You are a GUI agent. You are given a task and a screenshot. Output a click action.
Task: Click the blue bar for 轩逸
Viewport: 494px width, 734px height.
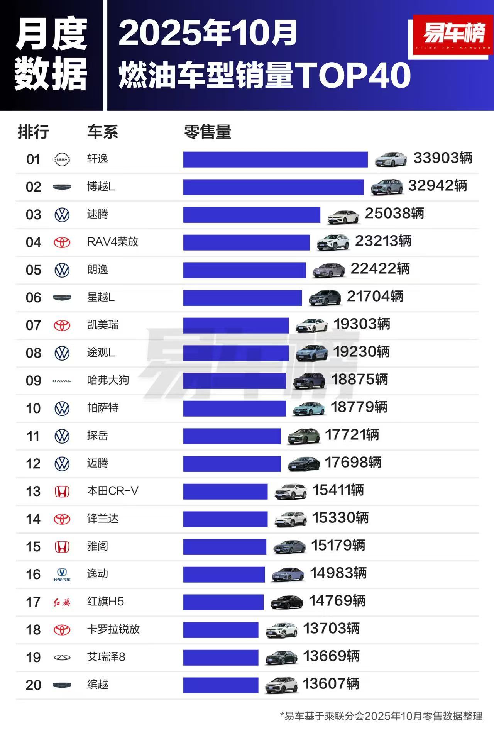275,159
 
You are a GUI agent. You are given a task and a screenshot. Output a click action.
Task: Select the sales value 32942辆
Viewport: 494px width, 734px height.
437,186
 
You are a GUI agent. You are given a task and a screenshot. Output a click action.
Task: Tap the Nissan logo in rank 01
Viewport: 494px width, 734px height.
62,159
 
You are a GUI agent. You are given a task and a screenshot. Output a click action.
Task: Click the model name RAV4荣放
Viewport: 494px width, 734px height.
112,242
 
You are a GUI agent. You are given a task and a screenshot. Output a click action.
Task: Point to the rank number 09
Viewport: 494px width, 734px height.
33,381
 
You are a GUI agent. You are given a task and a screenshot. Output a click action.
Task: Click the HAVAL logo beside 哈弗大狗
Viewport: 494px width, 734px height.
62,381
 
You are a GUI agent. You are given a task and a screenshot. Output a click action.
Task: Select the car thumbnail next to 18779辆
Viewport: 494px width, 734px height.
309,409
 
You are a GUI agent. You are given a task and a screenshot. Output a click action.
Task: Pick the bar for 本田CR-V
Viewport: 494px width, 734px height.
225,492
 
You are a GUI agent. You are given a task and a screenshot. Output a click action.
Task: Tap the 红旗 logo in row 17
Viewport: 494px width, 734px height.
62,602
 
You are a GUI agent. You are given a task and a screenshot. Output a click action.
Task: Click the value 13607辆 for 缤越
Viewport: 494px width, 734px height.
331,684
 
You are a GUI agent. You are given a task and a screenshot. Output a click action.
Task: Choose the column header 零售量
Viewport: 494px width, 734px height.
207,132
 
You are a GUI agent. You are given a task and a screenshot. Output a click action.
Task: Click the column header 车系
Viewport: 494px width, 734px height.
102,132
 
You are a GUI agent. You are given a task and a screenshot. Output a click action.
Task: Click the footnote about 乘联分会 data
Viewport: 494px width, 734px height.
381,716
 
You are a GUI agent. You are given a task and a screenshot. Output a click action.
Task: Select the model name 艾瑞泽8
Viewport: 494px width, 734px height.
106,657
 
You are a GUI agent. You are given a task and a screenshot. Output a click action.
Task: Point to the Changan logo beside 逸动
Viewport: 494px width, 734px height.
62,575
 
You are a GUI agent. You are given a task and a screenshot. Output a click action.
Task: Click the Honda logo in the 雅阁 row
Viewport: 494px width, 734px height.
62,547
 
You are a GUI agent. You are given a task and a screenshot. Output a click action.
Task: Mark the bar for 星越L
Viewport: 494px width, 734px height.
242,298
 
